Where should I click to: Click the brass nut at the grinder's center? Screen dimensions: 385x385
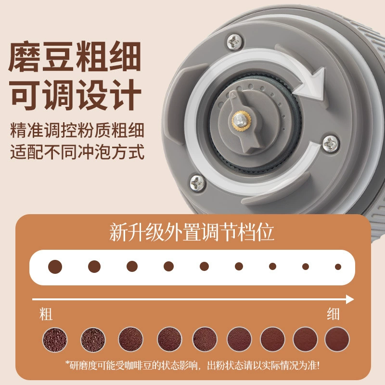242,121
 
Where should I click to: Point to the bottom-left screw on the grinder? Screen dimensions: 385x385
198,183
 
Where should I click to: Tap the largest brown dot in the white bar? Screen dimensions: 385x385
55,267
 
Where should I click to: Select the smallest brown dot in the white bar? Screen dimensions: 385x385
338,267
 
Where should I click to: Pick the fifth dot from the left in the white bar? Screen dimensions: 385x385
204,267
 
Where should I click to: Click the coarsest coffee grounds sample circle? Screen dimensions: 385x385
55,340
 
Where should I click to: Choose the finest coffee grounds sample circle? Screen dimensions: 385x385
337,339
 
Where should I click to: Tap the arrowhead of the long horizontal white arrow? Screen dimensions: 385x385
349,299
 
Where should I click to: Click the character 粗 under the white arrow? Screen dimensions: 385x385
46,314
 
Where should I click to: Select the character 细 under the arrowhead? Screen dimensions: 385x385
333,314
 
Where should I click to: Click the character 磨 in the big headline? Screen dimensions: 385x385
24,57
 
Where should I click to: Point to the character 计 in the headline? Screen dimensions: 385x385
126,95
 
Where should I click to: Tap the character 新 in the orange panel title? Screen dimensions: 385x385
118,232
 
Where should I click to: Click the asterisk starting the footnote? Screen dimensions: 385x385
67,363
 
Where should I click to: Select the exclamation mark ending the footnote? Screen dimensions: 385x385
318,365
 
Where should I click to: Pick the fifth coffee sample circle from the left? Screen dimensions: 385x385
205,340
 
